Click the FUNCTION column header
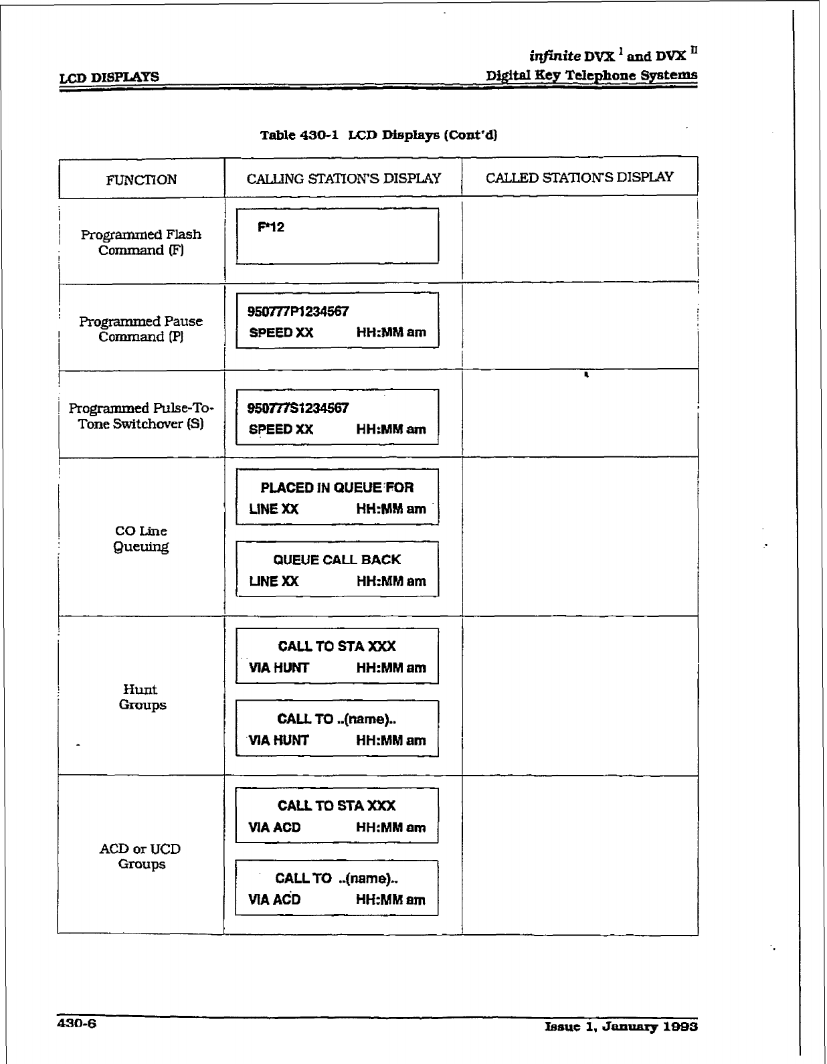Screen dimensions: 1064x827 click(141, 179)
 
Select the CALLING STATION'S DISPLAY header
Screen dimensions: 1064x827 click(343, 179)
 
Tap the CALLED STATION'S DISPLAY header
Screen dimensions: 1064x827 click(579, 177)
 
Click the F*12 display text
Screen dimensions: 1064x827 click(271, 227)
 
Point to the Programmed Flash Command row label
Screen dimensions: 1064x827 click(141, 242)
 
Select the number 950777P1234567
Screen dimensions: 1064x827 click(298, 312)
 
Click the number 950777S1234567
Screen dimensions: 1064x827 click(298, 408)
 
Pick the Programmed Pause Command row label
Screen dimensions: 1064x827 click(141, 329)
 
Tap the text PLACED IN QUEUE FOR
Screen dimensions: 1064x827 click(337, 488)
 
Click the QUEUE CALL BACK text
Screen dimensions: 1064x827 click(337, 560)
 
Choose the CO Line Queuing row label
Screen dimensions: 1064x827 click(141, 539)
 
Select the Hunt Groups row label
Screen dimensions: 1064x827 click(141, 697)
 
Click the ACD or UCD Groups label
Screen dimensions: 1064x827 click(141, 857)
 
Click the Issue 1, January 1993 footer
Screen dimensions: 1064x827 click(622, 1027)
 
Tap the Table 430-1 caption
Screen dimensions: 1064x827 click(379, 135)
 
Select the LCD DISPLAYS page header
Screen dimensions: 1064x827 click(110, 77)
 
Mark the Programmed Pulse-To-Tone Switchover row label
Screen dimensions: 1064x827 click(141, 416)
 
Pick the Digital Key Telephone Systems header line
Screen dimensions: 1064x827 click(591, 75)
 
